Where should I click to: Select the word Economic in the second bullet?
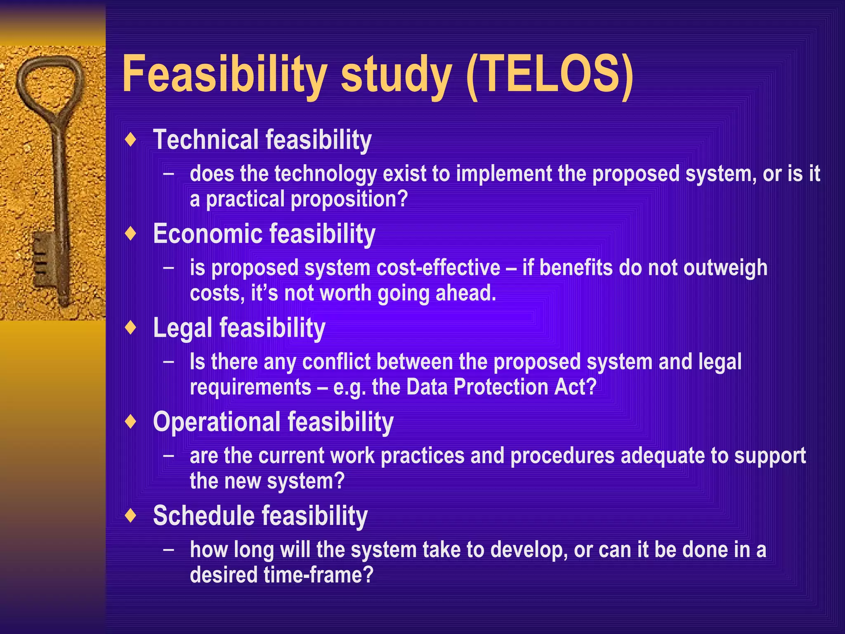point(208,234)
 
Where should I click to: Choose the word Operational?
point(217,422)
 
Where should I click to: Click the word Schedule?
point(204,516)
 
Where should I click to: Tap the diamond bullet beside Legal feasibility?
point(131,328)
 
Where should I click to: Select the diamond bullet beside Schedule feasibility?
point(131,516)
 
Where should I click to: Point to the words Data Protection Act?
point(501,387)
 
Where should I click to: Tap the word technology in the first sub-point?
point(326,174)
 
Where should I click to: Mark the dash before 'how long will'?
point(168,550)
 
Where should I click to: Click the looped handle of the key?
point(50,85)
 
